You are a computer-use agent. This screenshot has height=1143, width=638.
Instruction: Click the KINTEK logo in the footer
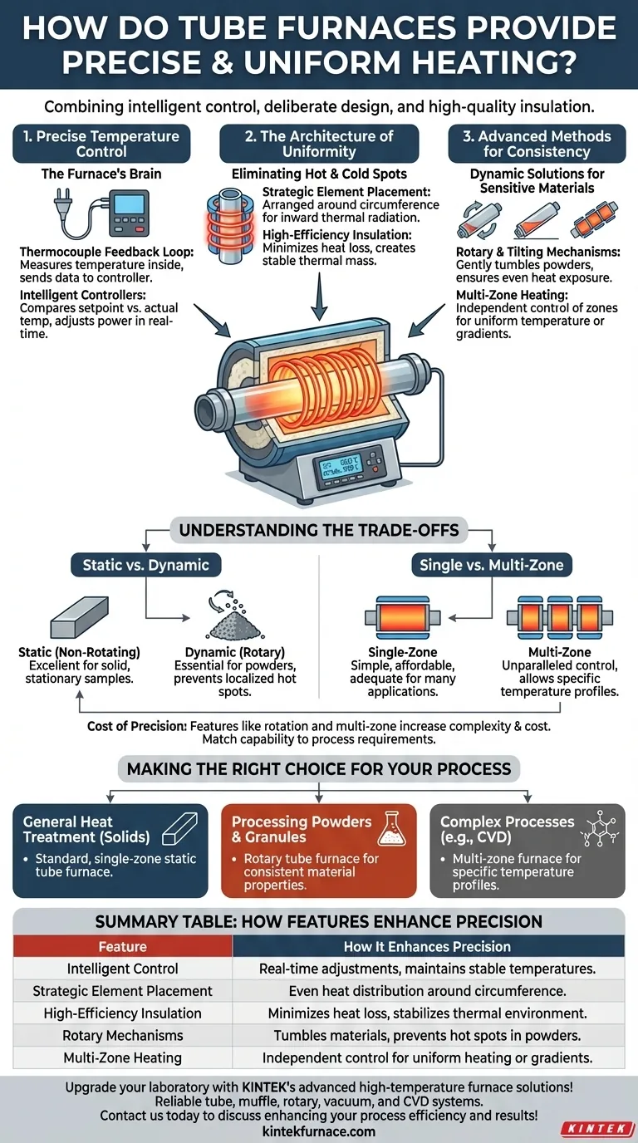(596, 1129)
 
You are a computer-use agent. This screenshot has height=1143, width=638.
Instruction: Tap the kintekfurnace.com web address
(319, 1131)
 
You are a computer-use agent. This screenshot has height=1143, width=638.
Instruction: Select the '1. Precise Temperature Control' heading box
(101, 144)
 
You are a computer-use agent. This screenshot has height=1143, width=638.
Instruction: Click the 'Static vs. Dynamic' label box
(145, 566)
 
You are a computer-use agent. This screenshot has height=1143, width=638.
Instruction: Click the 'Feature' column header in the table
(122, 946)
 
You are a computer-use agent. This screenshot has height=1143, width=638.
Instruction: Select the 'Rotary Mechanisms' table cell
(122, 1036)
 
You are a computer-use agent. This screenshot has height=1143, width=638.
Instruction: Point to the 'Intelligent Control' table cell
(122, 969)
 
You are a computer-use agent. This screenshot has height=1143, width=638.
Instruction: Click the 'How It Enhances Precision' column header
(427, 946)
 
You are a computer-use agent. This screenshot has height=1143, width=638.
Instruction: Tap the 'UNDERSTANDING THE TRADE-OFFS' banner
(319, 529)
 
